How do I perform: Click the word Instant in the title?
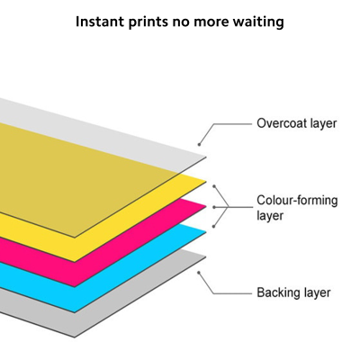click(99, 22)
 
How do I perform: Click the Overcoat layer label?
click(297, 123)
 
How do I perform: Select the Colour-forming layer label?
click(297, 208)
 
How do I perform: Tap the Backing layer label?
click(293, 292)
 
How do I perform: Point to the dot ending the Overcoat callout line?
click(199, 145)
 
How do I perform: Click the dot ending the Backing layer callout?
click(199, 273)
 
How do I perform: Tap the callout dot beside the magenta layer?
click(214, 207)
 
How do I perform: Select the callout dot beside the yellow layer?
click(214, 186)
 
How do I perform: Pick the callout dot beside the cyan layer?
click(214, 227)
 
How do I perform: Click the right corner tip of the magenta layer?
click(206, 206)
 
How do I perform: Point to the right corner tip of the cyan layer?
click(206, 231)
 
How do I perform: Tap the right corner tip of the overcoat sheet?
click(206, 157)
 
